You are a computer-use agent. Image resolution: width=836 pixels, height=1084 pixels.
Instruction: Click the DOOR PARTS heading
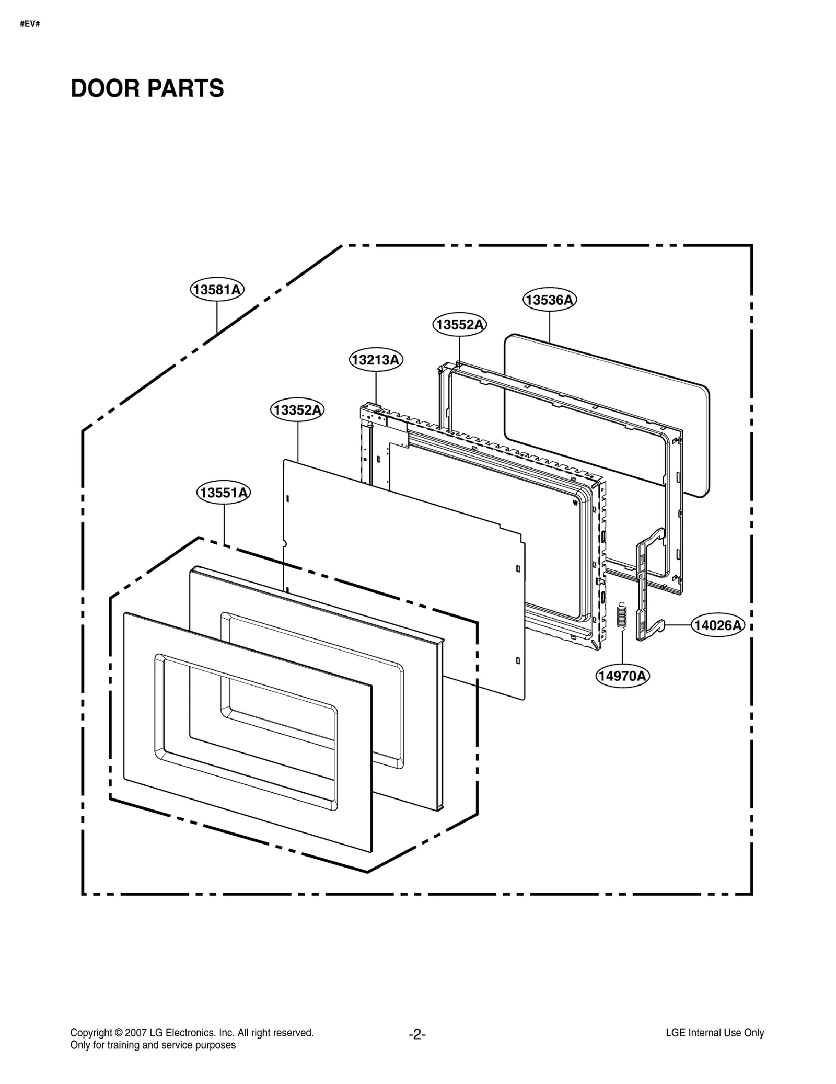coord(147,88)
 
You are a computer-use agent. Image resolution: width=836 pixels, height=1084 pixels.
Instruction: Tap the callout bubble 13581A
coord(217,289)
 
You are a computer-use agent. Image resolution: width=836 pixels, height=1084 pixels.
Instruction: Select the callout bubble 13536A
coord(550,300)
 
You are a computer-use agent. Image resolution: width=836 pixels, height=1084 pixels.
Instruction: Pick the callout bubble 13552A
coord(460,325)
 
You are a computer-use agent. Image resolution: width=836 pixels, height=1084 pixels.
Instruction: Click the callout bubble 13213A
coord(376,360)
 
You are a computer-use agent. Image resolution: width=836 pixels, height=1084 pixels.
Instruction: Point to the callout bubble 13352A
coord(297,410)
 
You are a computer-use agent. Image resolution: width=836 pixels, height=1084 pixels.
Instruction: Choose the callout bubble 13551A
coord(224,493)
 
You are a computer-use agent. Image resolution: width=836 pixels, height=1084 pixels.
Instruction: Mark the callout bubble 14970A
coord(623,676)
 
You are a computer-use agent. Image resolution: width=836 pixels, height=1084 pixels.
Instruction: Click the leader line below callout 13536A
coord(550,327)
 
